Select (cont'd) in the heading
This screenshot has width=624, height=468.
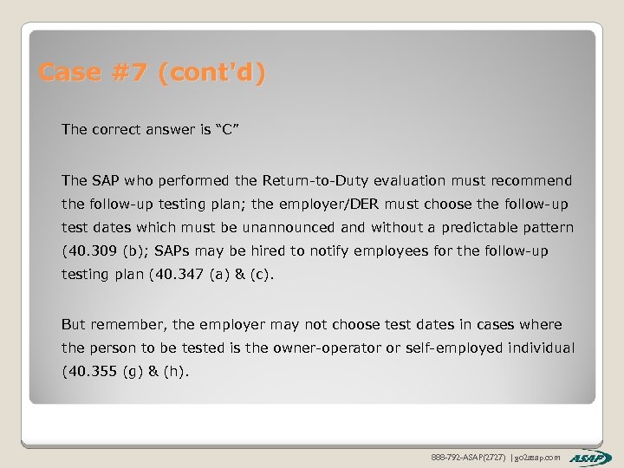pyautogui.click(x=211, y=73)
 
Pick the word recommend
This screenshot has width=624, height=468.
pyautogui.click(x=531, y=181)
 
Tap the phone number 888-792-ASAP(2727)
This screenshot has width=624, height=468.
pyautogui.click(x=469, y=457)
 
